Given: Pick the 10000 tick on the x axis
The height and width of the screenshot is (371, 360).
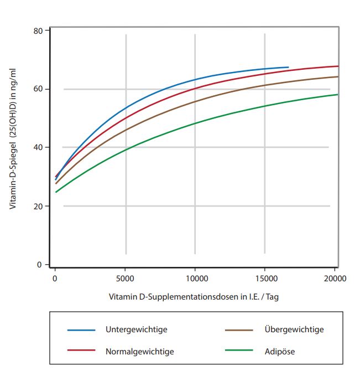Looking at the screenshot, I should [195, 278].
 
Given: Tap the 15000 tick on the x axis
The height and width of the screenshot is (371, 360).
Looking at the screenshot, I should [264, 278].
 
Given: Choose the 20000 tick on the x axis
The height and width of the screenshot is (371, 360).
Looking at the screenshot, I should [333, 278].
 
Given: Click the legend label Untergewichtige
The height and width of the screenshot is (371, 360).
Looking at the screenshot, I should [136, 329].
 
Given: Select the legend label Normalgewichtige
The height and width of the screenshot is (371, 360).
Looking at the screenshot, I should [139, 351].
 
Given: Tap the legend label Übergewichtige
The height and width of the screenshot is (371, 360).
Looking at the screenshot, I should [295, 329].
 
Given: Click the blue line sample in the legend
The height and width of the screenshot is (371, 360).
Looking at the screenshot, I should [81, 330].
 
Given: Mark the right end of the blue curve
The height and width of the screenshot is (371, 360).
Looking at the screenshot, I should [288, 68].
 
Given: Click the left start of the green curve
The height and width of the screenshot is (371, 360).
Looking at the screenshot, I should [56, 192].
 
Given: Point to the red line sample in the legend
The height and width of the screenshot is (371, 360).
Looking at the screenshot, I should [81, 351].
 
